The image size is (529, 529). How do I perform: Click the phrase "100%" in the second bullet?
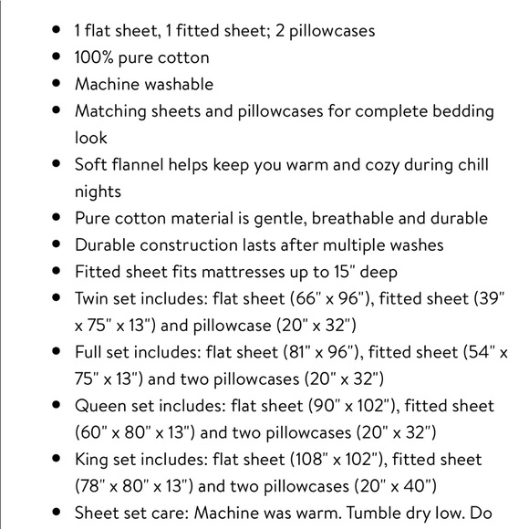pyautogui.click(x=94, y=57)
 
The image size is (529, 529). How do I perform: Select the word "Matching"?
pyautogui.click(x=111, y=111)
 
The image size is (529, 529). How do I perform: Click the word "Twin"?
pyautogui.click(x=94, y=298)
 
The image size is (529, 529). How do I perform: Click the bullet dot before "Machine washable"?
pyautogui.click(x=57, y=84)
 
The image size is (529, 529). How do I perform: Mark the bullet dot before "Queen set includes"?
pyautogui.click(x=57, y=405)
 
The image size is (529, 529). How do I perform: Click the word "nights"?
pyautogui.click(x=98, y=192)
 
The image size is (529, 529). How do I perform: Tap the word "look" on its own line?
pyautogui.click(x=90, y=138)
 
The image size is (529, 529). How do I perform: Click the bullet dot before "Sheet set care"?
pyautogui.click(x=57, y=512)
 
